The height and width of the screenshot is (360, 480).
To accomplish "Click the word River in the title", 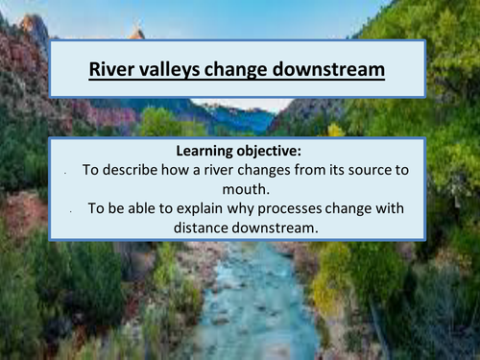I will click(109, 69).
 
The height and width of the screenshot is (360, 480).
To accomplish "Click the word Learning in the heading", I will click(209, 151).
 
